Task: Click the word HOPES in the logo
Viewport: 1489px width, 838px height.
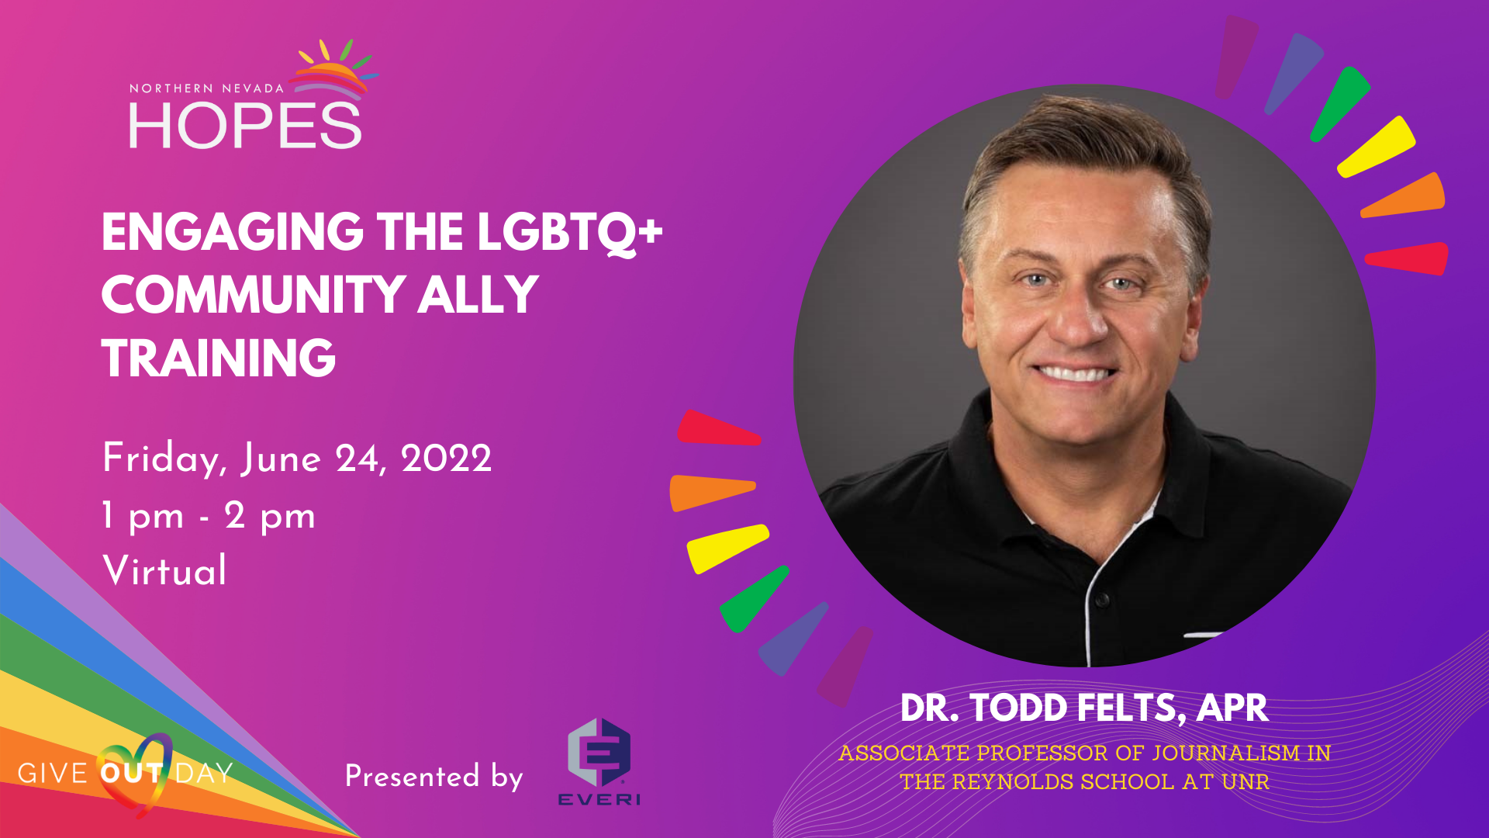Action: click(245, 126)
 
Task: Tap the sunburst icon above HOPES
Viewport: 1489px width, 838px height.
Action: click(334, 70)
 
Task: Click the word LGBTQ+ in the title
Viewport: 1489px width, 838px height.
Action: click(570, 232)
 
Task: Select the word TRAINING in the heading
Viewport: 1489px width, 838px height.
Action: click(219, 358)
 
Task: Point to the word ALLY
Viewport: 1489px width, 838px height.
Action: click(478, 295)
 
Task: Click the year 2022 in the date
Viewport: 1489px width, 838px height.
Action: click(446, 459)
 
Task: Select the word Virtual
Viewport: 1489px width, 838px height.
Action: click(165, 570)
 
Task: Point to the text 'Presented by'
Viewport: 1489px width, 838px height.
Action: click(434, 776)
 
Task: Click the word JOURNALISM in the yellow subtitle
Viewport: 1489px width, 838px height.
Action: click(1225, 753)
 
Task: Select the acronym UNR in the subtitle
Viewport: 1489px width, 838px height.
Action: click(1245, 781)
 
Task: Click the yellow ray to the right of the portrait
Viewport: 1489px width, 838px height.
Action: click(1376, 147)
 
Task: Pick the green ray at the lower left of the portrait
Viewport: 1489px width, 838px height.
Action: click(754, 598)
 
